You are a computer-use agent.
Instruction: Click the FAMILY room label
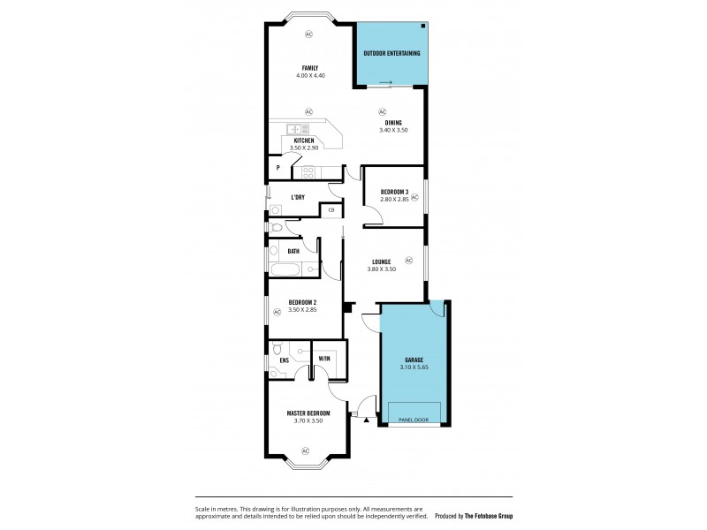click(309, 68)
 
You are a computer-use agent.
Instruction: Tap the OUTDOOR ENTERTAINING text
click(392, 53)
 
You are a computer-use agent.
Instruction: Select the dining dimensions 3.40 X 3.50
click(393, 131)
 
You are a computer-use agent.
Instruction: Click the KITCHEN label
click(304, 140)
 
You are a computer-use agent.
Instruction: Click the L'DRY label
click(298, 197)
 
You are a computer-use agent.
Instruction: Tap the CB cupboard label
click(331, 209)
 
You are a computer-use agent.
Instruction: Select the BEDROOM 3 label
click(394, 192)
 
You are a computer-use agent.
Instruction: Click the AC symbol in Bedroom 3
click(414, 198)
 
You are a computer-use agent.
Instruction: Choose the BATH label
click(293, 251)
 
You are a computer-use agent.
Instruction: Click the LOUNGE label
click(382, 261)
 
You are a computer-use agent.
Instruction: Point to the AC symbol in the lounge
click(408, 260)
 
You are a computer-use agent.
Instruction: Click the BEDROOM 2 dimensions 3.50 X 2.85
click(302, 310)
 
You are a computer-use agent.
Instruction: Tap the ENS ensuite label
click(284, 360)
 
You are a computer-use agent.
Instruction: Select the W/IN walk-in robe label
click(323, 358)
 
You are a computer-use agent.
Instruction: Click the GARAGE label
click(414, 360)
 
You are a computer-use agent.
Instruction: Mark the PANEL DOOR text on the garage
click(414, 420)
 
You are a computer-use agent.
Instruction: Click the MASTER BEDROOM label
click(308, 413)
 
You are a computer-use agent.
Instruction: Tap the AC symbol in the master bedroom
click(307, 451)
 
